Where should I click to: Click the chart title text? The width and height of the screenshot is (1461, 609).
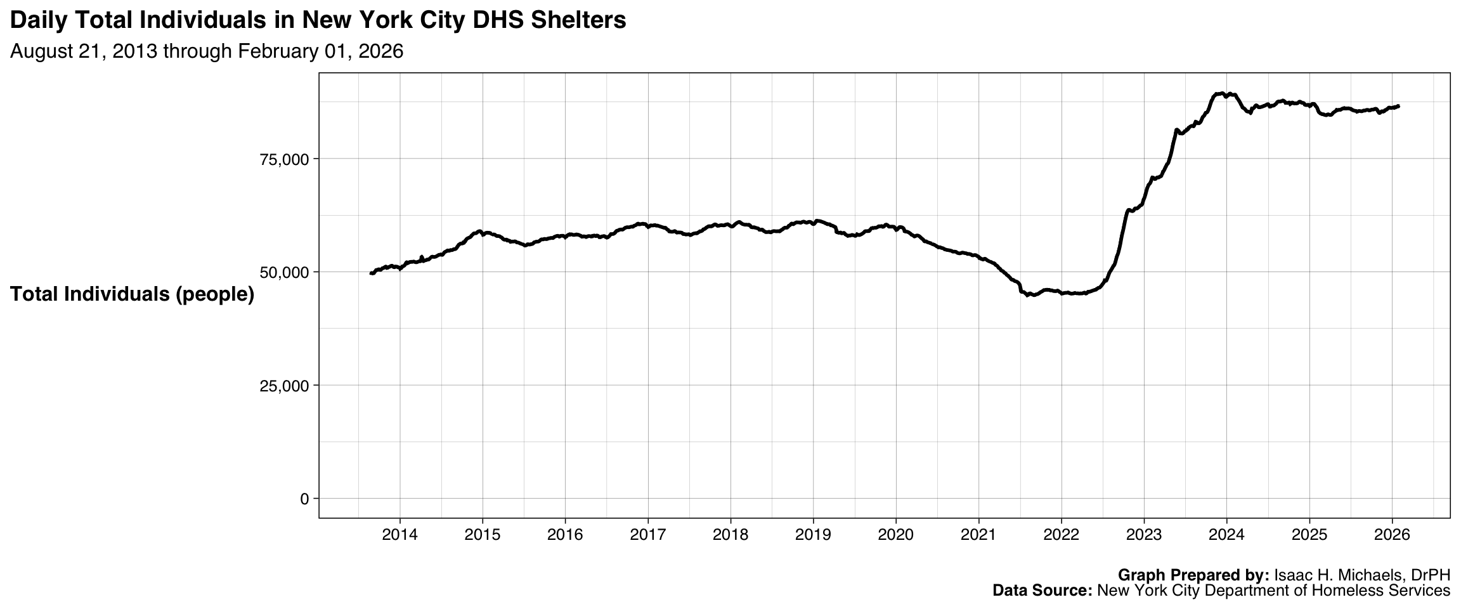(x=318, y=20)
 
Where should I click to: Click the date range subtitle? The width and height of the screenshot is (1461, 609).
(x=207, y=51)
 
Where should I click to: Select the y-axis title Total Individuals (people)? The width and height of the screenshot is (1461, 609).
(x=132, y=294)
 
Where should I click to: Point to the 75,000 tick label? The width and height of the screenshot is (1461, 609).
(x=284, y=159)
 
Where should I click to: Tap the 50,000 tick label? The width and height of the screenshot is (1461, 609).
(x=284, y=272)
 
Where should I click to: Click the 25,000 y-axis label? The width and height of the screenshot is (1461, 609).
(x=284, y=386)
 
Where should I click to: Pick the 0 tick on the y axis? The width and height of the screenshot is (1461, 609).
(x=304, y=499)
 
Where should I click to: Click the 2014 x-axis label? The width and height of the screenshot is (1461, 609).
(x=399, y=535)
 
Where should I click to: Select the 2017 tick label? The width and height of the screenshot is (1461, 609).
(x=647, y=535)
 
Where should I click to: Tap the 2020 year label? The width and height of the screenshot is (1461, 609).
(x=895, y=535)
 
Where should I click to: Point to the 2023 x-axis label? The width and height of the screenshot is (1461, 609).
(x=1143, y=535)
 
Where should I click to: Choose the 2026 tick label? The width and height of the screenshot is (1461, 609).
(x=1391, y=535)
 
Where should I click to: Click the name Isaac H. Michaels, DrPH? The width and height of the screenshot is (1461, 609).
(x=1362, y=575)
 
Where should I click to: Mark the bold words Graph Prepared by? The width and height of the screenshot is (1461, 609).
(x=1193, y=575)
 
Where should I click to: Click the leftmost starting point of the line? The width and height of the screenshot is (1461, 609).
(x=371, y=273)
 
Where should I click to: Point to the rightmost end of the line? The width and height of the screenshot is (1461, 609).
(x=1398, y=106)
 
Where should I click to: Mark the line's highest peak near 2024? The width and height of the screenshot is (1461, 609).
(x=1221, y=93)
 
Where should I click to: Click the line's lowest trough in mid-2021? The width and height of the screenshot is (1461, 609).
(x=1028, y=295)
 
